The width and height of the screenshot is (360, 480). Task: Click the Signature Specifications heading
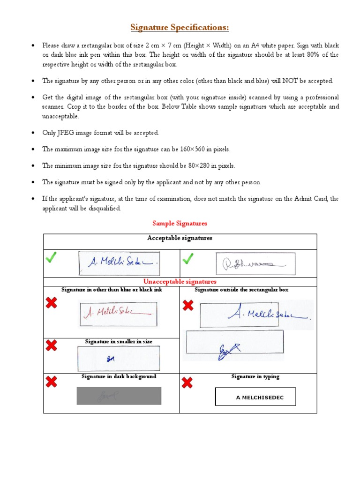pyautogui.click(x=180, y=28)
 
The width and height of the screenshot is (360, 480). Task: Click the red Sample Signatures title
pyautogui.click(x=180, y=224)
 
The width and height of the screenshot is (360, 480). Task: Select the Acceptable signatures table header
pyautogui.click(x=180, y=238)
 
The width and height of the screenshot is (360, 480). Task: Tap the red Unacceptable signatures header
pyautogui.click(x=180, y=282)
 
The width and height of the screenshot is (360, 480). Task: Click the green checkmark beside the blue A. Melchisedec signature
pyautogui.click(x=52, y=258)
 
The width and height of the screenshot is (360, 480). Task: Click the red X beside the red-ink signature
pyautogui.click(x=52, y=303)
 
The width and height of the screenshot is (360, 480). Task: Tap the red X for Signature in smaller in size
pyautogui.click(x=52, y=346)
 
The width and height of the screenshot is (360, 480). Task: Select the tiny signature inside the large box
pyautogui.click(x=111, y=359)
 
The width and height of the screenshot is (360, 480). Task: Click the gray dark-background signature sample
pyautogui.click(x=119, y=396)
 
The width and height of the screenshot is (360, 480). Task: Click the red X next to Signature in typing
pyautogui.click(x=187, y=383)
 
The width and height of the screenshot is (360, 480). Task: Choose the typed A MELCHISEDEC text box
pyautogui.click(x=255, y=397)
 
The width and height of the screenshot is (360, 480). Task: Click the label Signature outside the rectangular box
pyautogui.click(x=241, y=290)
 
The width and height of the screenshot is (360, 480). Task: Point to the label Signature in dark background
pyautogui.click(x=119, y=376)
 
